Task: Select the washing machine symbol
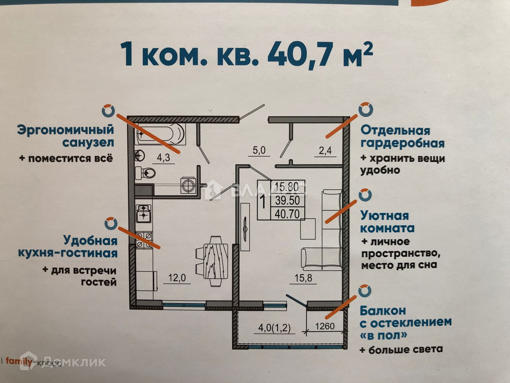pos(187,185)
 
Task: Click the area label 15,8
pos(303,278)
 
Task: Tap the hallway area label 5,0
pos(259,150)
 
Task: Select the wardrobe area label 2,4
pos(325,150)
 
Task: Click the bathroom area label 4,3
pos(164,158)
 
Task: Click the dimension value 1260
pos(325,326)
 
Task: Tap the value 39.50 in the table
pos(287,200)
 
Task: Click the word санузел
pos(88,143)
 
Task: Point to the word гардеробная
pos(402,143)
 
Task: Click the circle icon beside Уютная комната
pos(365,195)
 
